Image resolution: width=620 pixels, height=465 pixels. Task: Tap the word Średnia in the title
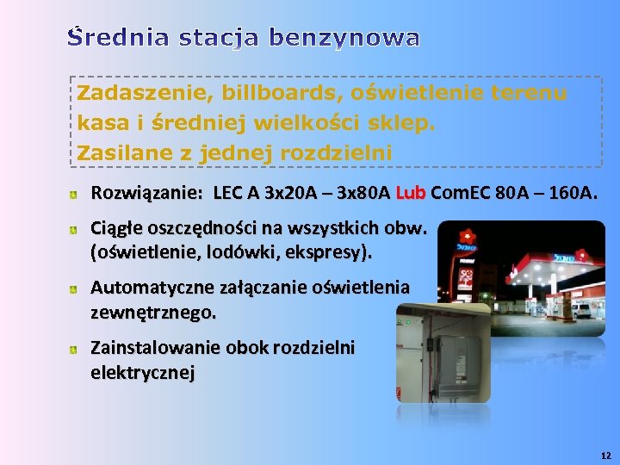point(120,38)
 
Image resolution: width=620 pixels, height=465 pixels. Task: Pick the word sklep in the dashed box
point(407,122)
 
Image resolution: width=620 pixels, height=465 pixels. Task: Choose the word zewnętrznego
point(153,312)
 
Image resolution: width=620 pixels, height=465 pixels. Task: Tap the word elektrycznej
point(143,372)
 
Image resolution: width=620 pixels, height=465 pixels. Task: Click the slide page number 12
point(605,454)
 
